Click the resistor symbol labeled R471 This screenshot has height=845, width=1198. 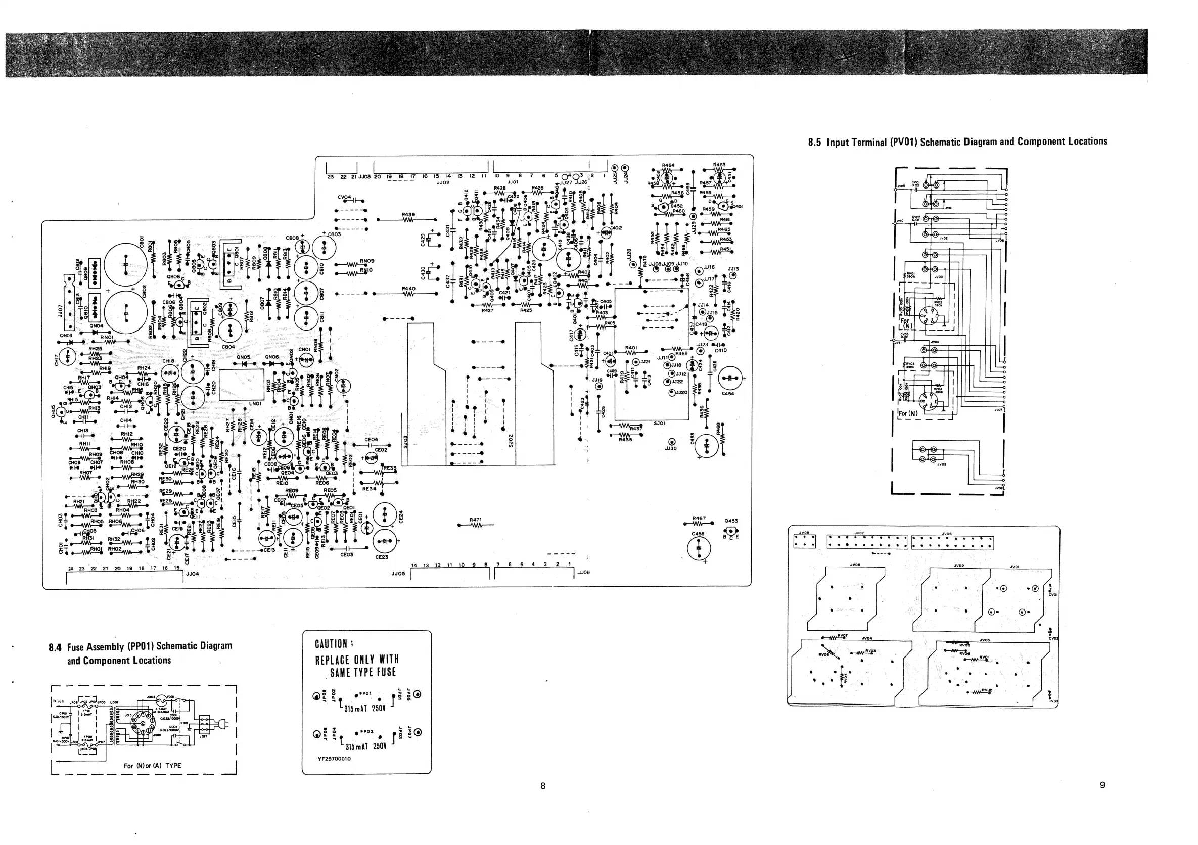(x=475, y=525)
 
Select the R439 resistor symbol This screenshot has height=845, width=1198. (x=408, y=220)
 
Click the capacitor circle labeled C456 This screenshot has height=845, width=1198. (x=699, y=549)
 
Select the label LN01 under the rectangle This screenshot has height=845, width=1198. (x=255, y=404)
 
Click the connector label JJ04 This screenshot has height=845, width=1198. (x=193, y=573)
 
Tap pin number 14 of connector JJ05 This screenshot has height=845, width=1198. (x=414, y=566)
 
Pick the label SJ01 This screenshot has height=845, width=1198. (x=659, y=424)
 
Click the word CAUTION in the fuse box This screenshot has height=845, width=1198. (x=331, y=644)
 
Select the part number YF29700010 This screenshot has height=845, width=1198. (x=334, y=759)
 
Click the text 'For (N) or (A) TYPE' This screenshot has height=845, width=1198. (x=152, y=766)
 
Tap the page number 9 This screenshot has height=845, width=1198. (x=1102, y=785)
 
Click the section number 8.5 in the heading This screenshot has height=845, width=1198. (x=814, y=142)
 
